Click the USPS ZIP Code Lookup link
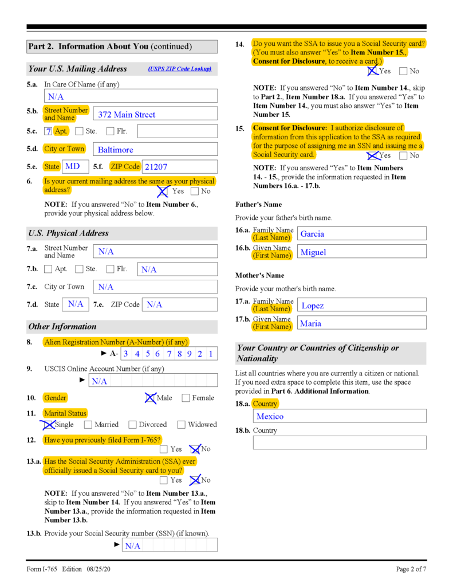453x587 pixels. (179, 69)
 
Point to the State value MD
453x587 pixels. (73, 167)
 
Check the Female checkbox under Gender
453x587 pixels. (186, 398)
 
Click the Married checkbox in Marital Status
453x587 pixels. (88, 425)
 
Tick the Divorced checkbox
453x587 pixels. (133, 425)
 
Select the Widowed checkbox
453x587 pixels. (182, 425)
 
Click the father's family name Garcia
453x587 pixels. (361, 233)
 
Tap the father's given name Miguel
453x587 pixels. (361, 252)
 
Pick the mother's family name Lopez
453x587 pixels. (361, 305)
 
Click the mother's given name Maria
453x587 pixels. (361, 323)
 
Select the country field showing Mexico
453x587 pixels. (340, 416)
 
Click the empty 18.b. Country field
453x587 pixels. (340, 443)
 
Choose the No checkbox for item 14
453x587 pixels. (403, 71)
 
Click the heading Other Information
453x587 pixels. (62, 327)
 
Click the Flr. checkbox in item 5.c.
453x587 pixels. (111, 131)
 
